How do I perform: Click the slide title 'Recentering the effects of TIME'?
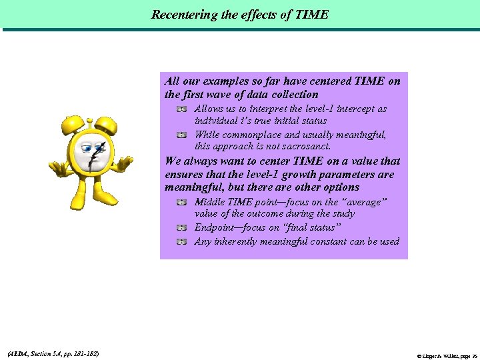[240, 14]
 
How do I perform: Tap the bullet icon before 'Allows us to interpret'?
[181, 108]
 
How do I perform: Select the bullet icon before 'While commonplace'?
[181, 134]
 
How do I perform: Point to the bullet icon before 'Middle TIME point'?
[181, 201]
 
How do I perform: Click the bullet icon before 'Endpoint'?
[181, 227]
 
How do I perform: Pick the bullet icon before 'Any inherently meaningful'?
[181, 241]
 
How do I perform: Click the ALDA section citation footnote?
[52, 353]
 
